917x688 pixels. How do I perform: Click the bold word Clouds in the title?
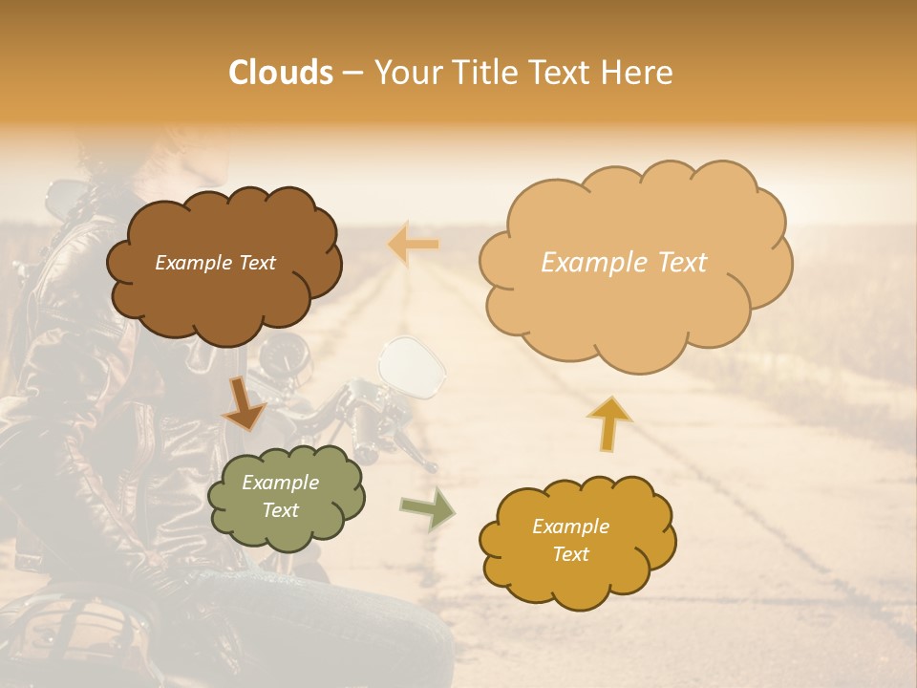point(280,73)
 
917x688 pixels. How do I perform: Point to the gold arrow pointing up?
point(609,421)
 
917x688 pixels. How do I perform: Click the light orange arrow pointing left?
point(413,246)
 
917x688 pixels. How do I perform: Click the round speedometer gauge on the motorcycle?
point(286,359)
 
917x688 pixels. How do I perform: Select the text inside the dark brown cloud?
point(215,263)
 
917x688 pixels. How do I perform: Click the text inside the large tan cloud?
point(624,263)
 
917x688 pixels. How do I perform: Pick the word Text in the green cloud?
point(281,510)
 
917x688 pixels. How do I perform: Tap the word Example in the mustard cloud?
point(570,527)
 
